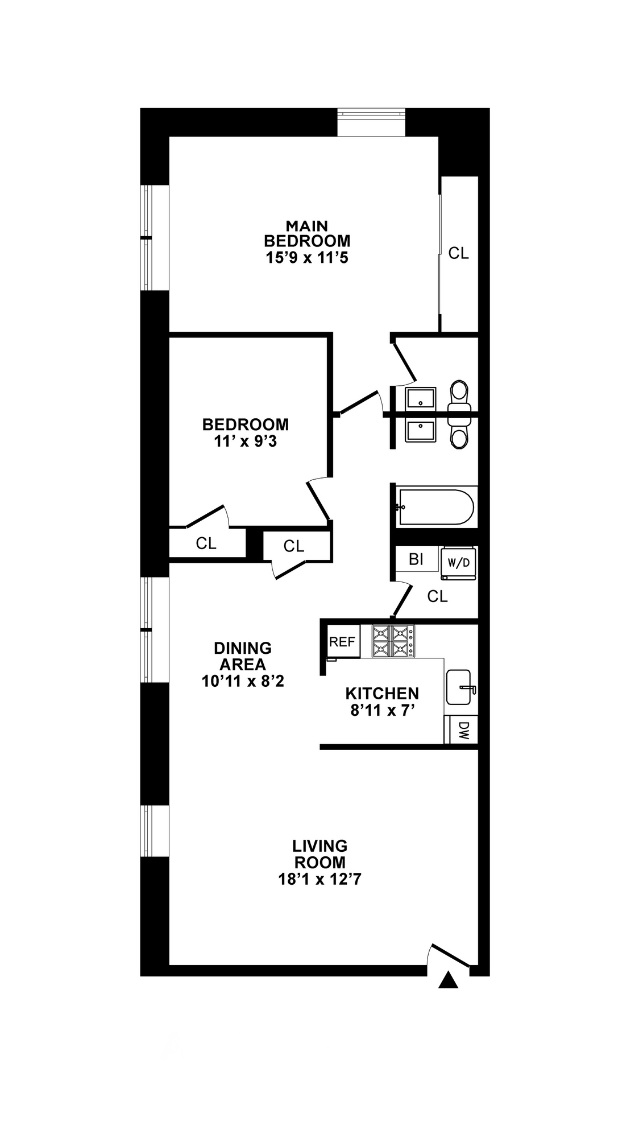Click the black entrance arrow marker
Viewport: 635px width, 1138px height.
[x=449, y=980]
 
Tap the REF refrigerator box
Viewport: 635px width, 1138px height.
[x=342, y=642]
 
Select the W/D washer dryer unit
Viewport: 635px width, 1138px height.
[x=458, y=563]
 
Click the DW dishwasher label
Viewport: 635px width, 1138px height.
[x=463, y=730]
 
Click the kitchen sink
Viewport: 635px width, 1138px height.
[x=459, y=687]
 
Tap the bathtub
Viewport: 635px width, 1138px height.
[x=436, y=507]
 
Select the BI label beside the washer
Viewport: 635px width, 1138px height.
[x=416, y=559]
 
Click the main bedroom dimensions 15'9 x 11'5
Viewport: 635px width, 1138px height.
[x=307, y=258]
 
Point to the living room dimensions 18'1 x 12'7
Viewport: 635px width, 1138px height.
[x=320, y=879]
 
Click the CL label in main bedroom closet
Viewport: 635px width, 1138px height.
[x=458, y=253]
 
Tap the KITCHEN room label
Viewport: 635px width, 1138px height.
[x=382, y=694]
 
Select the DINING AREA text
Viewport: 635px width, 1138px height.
[x=243, y=656]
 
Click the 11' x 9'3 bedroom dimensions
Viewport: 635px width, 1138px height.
[x=246, y=441]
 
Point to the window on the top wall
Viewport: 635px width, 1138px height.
[x=371, y=122]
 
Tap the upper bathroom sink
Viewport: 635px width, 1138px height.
[x=421, y=398]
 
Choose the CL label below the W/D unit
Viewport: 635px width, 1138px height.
[x=437, y=596]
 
